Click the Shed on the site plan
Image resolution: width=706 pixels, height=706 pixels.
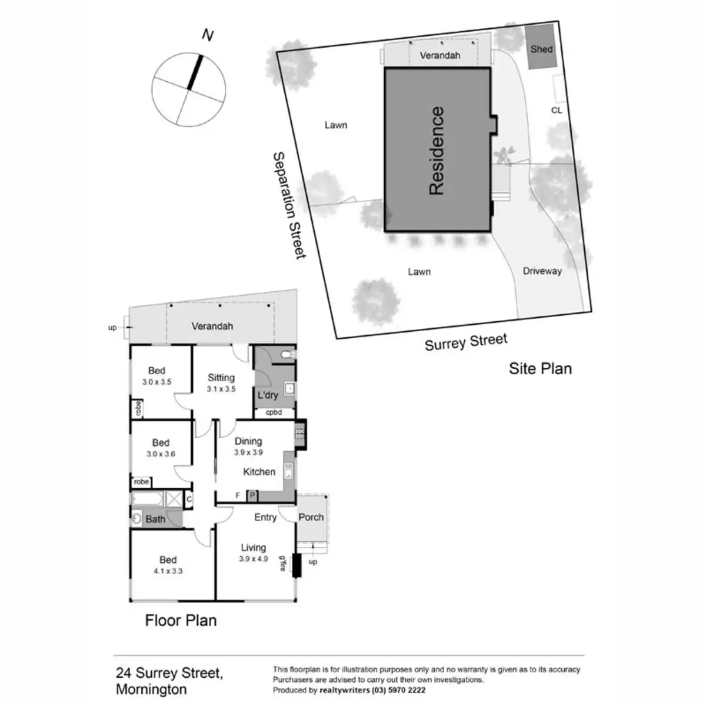coord(541,48)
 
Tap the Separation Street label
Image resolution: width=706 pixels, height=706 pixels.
coord(288,205)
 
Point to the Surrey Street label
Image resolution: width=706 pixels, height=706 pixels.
coord(465,342)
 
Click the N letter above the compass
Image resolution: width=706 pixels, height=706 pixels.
coord(207,35)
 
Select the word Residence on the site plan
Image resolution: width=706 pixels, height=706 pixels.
coord(437,151)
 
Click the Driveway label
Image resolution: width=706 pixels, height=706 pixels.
coord(542,271)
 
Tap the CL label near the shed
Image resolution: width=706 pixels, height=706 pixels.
coord(557,110)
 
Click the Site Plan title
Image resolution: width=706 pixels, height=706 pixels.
coord(540,369)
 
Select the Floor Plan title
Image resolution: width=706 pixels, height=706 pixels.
coord(181,620)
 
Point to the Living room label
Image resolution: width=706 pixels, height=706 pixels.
coord(253,548)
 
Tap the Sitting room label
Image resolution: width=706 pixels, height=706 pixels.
coord(221,378)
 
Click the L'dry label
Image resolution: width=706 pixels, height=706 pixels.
coord(268,395)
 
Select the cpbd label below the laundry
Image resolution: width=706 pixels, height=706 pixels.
coord(274,412)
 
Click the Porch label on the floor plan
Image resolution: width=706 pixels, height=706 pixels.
coord(311,517)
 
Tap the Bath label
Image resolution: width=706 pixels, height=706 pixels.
coord(155,519)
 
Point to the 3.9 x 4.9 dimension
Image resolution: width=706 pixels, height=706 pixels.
coord(253,559)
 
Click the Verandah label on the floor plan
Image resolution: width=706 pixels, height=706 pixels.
coord(212,326)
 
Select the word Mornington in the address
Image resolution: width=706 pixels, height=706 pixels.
coord(151,689)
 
